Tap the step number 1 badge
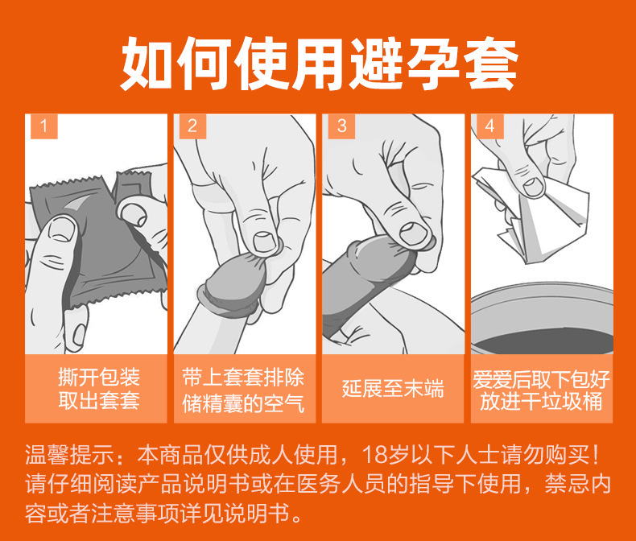43,126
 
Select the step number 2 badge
192,126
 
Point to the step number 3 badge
341,126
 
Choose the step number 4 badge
489,126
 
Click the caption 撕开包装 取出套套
98,388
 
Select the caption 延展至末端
392,389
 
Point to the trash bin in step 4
541,322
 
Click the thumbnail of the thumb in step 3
412,231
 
